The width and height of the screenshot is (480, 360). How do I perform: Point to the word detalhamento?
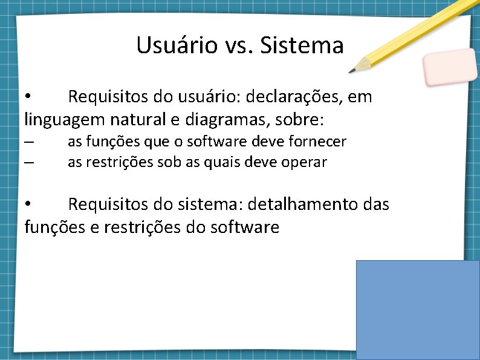(300, 205)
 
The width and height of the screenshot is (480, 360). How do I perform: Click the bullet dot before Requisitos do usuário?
(28, 97)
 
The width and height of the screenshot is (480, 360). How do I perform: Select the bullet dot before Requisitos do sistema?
(28, 205)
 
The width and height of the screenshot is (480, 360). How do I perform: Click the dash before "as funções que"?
(30, 142)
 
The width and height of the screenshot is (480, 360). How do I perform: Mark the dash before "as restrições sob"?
(30, 163)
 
